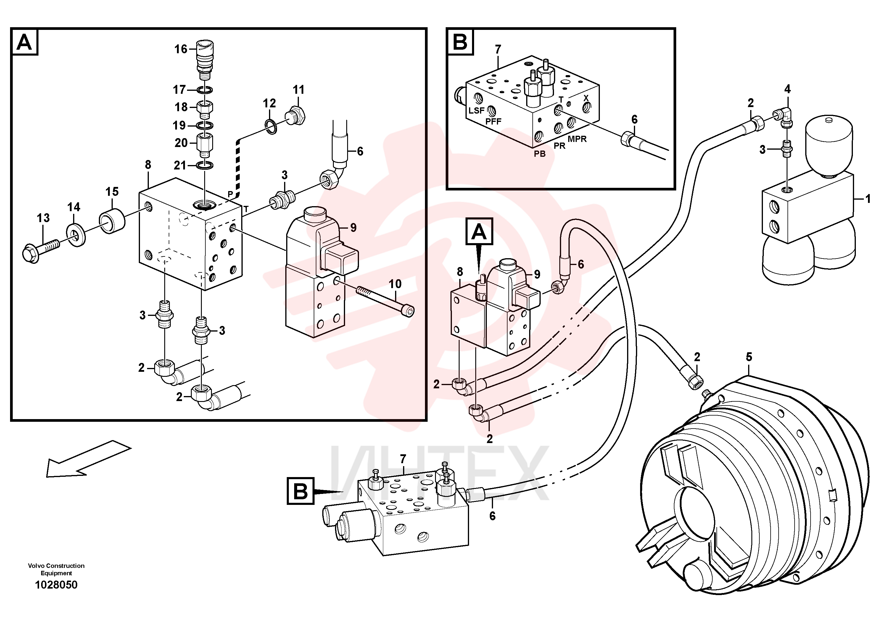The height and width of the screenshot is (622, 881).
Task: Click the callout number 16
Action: pos(181,49)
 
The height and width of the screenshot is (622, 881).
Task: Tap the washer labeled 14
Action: pos(76,236)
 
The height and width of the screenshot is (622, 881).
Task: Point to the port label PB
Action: pos(540,154)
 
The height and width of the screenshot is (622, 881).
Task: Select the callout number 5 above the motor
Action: pos(749,357)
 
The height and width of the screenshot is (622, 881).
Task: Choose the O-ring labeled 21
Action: pos(205,165)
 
